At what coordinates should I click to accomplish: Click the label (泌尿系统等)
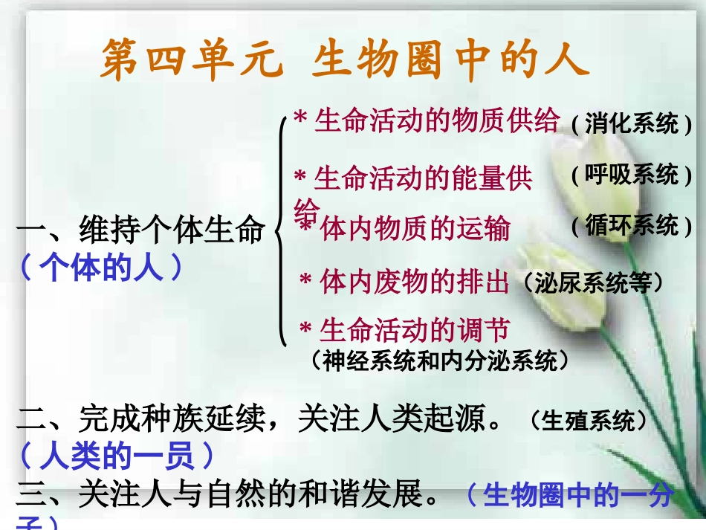point(592,283)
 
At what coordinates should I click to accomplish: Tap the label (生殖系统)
point(589,421)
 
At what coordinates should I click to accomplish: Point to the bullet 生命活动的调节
point(413,329)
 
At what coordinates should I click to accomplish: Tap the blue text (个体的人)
point(100,267)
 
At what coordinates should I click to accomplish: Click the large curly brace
point(281,230)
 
